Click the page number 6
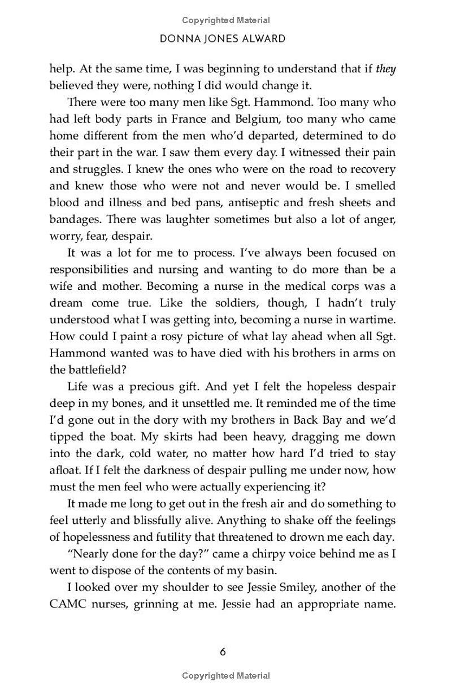click(x=223, y=651)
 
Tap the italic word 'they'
click(x=386, y=69)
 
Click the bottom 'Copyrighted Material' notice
click(x=226, y=675)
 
